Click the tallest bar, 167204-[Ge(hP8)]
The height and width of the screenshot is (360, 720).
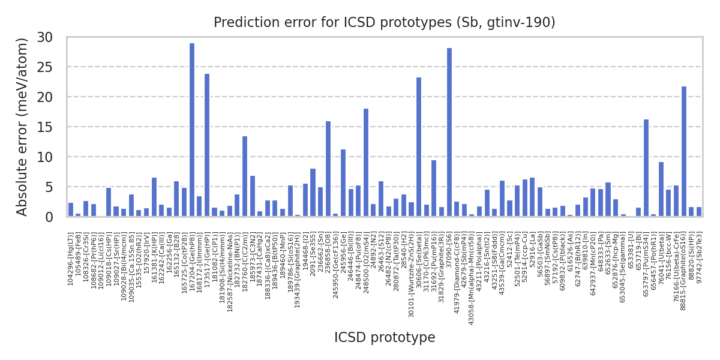click(192, 130)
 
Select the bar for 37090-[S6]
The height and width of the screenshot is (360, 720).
click(449, 133)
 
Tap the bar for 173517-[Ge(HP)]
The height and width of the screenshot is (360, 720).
click(207, 145)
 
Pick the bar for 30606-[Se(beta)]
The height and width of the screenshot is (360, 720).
click(419, 147)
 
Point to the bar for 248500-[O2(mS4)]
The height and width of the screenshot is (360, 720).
click(366, 163)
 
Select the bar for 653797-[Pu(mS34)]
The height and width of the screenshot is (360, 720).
click(646, 168)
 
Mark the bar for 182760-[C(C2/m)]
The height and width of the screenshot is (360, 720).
click(245, 176)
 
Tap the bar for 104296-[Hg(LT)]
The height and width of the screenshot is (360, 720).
click(71, 210)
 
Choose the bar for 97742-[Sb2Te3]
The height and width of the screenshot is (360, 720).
click(698, 212)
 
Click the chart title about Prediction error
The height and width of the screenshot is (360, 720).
click(385, 23)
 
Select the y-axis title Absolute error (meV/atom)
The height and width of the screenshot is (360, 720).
click(23, 127)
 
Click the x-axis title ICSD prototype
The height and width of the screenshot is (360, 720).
click(385, 338)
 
